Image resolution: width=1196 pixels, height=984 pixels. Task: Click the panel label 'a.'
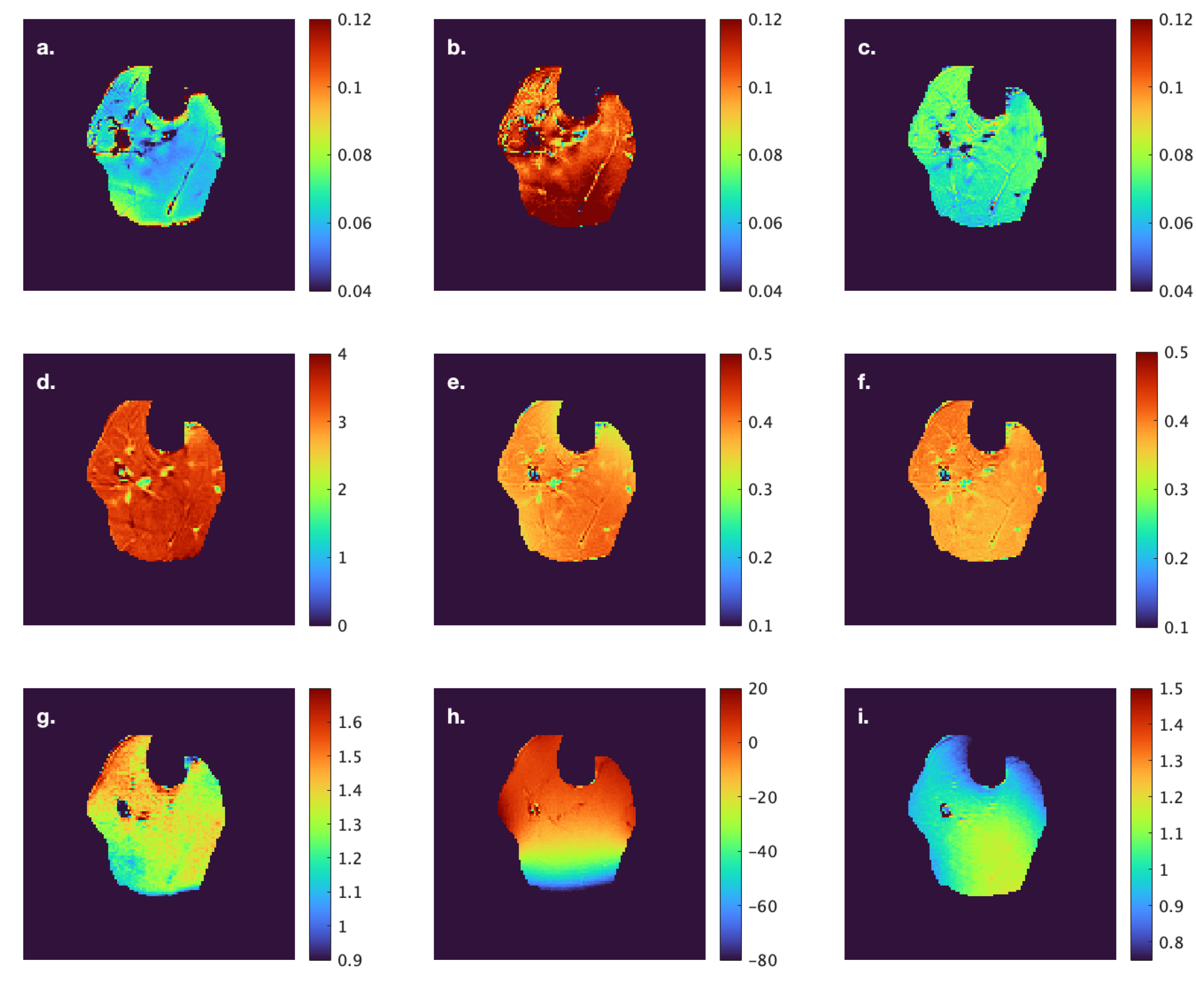point(45,48)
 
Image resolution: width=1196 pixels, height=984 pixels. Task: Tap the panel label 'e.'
point(456,382)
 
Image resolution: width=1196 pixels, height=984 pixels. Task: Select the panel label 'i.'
point(863,717)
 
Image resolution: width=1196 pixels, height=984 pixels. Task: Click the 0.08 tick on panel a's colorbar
point(354,155)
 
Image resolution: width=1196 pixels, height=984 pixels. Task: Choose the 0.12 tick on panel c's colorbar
point(1175,20)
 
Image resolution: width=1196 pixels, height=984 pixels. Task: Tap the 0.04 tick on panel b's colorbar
point(765,291)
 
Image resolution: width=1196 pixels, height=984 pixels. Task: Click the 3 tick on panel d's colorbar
point(342,422)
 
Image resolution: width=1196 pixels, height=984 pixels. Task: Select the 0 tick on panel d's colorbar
point(342,626)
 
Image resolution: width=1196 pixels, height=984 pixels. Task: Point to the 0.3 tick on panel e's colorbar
point(760,490)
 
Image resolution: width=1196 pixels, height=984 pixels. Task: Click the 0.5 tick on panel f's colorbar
point(1176,352)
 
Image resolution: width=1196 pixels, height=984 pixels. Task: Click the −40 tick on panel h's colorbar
point(762,851)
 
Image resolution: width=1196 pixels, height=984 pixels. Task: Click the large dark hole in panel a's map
point(122,138)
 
